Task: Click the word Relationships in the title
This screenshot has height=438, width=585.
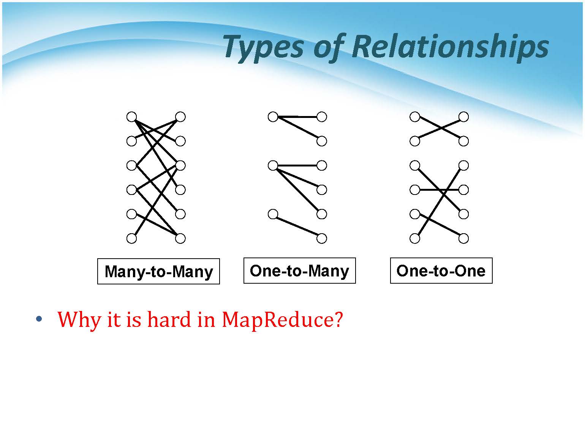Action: coord(450,47)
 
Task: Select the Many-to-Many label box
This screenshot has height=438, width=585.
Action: coord(158,272)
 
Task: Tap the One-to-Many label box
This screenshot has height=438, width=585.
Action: coord(300,271)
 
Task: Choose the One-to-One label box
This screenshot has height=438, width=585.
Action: coord(441,271)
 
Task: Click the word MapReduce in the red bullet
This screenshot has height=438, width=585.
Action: coord(282,320)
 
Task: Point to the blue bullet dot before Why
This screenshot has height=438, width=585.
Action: coord(39,319)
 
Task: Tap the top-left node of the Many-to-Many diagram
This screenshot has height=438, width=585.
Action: coord(132,117)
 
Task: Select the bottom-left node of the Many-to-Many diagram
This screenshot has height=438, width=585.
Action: coord(132,238)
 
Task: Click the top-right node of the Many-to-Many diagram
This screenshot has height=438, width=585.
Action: coord(180,117)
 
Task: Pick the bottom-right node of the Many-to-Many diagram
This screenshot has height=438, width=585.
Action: coord(180,238)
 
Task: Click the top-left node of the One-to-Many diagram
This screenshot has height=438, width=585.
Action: coord(273,117)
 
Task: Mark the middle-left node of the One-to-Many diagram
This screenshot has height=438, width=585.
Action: coord(273,165)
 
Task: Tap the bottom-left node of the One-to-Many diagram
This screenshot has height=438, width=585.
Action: coord(273,214)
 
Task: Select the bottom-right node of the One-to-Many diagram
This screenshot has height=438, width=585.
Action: coord(322,238)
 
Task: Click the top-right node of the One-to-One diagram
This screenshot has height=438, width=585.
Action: coord(464,117)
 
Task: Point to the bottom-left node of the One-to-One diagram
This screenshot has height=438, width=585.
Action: coord(415,238)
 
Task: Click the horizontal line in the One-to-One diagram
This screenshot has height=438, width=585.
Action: coord(439,190)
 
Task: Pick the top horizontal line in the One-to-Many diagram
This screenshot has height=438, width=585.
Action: coord(297,117)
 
